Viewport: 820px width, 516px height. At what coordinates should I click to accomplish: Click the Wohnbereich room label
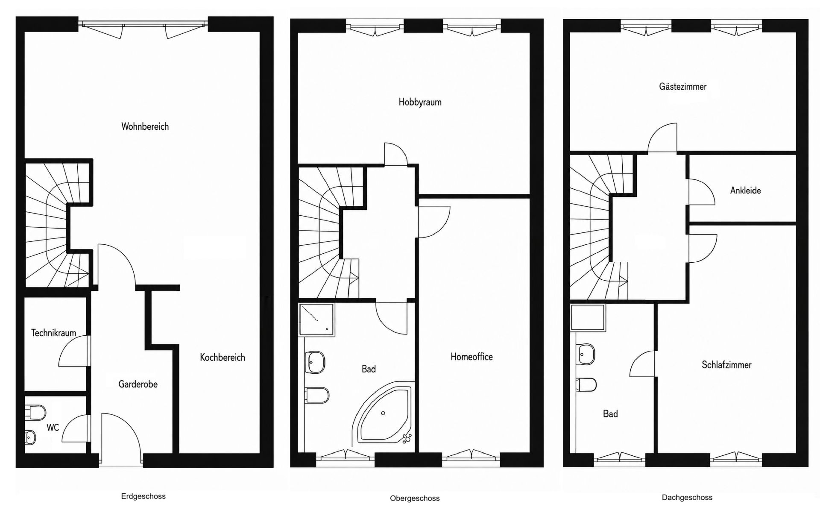tap(145, 126)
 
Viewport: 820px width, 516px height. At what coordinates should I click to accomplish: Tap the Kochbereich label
tap(223, 357)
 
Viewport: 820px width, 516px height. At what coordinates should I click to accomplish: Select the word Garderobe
tap(138, 384)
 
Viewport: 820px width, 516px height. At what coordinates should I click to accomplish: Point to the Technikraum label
tap(54, 333)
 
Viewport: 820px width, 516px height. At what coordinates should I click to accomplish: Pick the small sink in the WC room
tap(30, 437)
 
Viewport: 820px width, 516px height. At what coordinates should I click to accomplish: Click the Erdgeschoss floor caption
tap(143, 496)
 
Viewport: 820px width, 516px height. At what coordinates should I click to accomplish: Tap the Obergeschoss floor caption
tap(415, 498)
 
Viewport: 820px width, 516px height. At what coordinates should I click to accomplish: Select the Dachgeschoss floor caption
tap(687, 497)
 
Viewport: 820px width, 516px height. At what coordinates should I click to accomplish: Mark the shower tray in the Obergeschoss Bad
tap(317, 319)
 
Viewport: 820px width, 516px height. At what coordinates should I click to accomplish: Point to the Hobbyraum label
tap(420, 102)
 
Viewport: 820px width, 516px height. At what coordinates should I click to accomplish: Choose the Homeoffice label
tap(471, 357)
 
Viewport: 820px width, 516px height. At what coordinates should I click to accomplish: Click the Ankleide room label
tap(745, 191)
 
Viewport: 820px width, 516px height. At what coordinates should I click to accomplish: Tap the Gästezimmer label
tap(682, 87)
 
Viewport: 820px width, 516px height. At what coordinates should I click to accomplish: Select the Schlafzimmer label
tap(726, 365)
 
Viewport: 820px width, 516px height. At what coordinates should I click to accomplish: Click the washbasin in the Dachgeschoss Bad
tap(586, 354)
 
